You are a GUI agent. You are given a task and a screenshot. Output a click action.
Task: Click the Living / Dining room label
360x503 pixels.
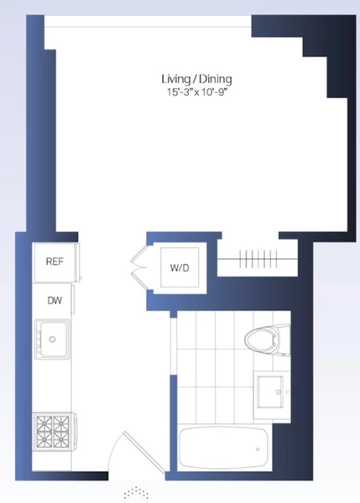pyautogui.click(x=196, y=79)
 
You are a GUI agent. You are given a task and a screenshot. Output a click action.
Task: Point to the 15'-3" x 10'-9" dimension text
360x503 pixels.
pyautogui.click(x=196, y=92)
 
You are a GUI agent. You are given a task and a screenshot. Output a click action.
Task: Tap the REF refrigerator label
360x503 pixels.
pyautogui.click(x=55, y=262)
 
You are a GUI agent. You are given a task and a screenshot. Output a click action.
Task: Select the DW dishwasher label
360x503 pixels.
pyautogui.click(x=55, y=301)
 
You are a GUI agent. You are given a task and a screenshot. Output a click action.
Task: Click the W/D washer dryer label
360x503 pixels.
pyautogui.click(x=180, y=267)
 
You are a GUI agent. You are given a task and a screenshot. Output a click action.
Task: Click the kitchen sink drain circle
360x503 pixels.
pyautogui.click(x=52, y=339)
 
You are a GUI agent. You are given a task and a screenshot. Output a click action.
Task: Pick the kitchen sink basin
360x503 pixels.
pyautogui.click(x=54, y=339)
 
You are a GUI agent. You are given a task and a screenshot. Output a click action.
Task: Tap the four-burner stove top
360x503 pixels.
pyautogui.click(x=53, y=432)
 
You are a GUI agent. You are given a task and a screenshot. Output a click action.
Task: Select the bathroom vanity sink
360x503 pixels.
pyautogui.click(x=270, y=392)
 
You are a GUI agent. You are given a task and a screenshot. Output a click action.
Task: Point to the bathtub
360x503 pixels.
pyautogui.click(x=223, y=449)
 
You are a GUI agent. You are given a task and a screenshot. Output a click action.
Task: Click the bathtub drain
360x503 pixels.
pyautogui.click(x=258, y=449)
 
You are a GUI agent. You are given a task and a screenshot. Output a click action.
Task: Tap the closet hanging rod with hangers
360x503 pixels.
pyautogui.click(x=258, y=259)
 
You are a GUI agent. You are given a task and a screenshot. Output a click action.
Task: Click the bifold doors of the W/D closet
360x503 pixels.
pyautogui.click(x=139, y=267)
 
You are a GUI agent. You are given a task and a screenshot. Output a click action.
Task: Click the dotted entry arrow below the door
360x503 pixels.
pyautogui.click(x=136, y=492)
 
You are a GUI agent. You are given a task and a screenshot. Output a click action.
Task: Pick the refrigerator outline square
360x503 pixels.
pyautogui.click(x=55, y=262)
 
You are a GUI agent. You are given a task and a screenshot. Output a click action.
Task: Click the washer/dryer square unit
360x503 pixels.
pyautogui.click(x=180, y=267)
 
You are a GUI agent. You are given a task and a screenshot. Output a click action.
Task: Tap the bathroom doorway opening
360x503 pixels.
pyautogui.click(x=173, y=346)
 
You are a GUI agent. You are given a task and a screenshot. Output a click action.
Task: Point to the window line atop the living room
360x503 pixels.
pyautogui.click(x=148, y=27)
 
